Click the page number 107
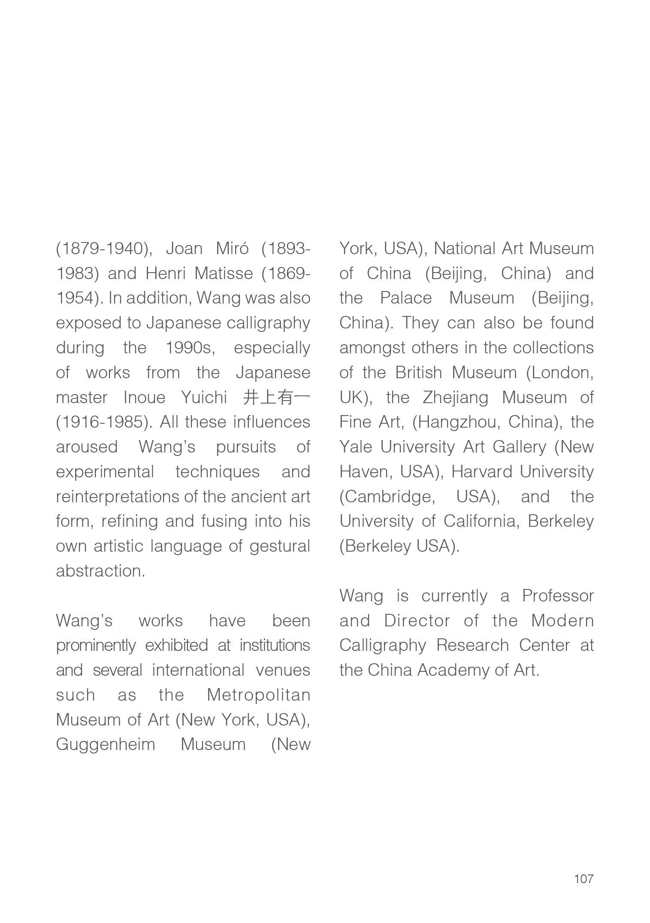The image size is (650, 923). pyautogui.click(x=583, y=879)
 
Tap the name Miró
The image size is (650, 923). pyautogui.click(x=232, y=249)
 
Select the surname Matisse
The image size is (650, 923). pyautogui.click(x=224, y=273)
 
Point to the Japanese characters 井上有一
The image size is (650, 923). pyautogui.click(x=276, y=398)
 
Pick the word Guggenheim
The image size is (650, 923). pyautogui.click(x=106, y=744)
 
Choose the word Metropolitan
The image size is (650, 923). pyautogui.click(x=258, y=695)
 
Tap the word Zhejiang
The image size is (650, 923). pyautogui.click(x=455, y=398)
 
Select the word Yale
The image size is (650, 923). pyautogui.click(x=355, y=447)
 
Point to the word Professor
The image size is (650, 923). pyautogui.click(x=558, y=596)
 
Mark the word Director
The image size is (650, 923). pyautogui.click(x=417, y=621)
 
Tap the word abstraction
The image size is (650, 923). pyautogui.click(x=100, y=571)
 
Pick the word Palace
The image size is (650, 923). pyautogui.click(x=406, y=298)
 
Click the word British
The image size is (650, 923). pyautogui.click(x=418, y=373)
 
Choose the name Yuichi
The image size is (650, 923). pyautogui.click(x=204, y=398)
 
